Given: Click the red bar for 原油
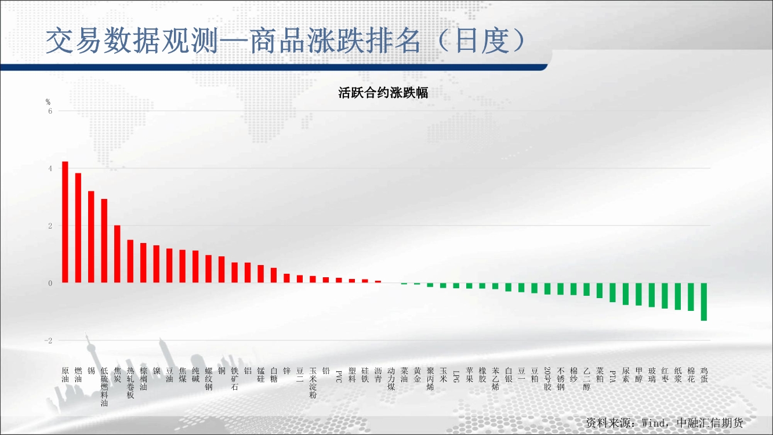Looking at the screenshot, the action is coord(65,222).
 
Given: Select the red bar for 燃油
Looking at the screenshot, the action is coord(78,228).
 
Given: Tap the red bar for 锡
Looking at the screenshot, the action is coord(91,237).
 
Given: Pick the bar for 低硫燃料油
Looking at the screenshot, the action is coord(104,241).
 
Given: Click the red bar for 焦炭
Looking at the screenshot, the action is coord(117,254).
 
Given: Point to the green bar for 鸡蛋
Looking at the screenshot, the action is coord(704,302).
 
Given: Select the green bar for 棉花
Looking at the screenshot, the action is coord(691,297).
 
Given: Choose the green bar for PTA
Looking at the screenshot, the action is coord(612,293).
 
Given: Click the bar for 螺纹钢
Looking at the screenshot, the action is coord(208,269).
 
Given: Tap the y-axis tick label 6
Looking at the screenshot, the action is coord(50,111).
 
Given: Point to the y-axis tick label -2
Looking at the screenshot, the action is coord(49,340).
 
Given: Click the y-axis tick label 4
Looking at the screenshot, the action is coord(50,168).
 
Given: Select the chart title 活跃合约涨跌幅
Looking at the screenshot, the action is coord(383,93).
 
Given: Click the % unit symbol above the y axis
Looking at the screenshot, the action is coord(48,102).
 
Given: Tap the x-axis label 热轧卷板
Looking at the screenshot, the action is coord(130,383).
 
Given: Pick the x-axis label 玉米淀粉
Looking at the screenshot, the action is coord(313,383).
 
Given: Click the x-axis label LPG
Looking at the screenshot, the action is coord(456,376).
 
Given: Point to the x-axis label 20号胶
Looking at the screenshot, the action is coord(547,379).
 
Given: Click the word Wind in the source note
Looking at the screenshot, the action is coord(654,423).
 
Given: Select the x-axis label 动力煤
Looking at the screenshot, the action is coord(391,379).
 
